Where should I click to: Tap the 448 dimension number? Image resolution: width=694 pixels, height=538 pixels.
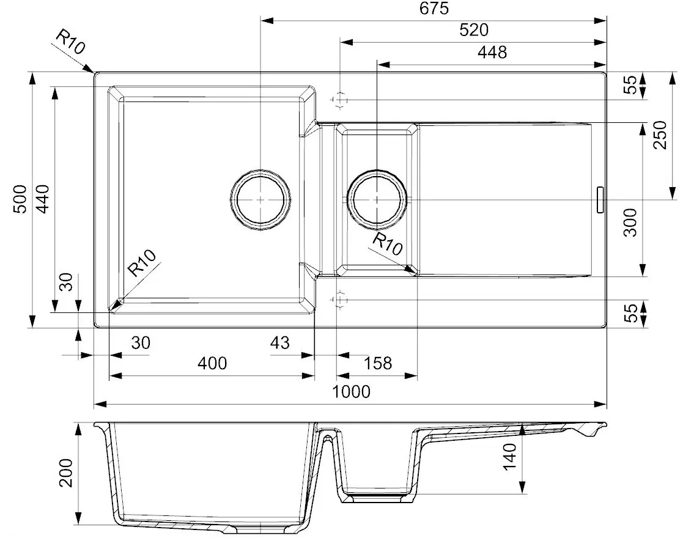point(493,52)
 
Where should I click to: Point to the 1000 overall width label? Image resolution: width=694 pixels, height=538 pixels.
point(352,391)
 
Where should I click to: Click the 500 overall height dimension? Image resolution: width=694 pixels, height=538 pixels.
point(21,199)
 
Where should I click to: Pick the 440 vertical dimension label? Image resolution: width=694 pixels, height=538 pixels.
point(42,199)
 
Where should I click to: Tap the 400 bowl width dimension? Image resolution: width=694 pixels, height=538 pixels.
point(212,363)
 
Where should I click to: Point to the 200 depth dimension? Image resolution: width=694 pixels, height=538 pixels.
point(67,473)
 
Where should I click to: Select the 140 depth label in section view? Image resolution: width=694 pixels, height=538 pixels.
point(511,456)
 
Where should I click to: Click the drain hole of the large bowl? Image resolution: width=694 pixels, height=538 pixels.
point(260,199)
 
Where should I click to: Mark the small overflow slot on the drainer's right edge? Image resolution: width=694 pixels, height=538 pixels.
point(599,199)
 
